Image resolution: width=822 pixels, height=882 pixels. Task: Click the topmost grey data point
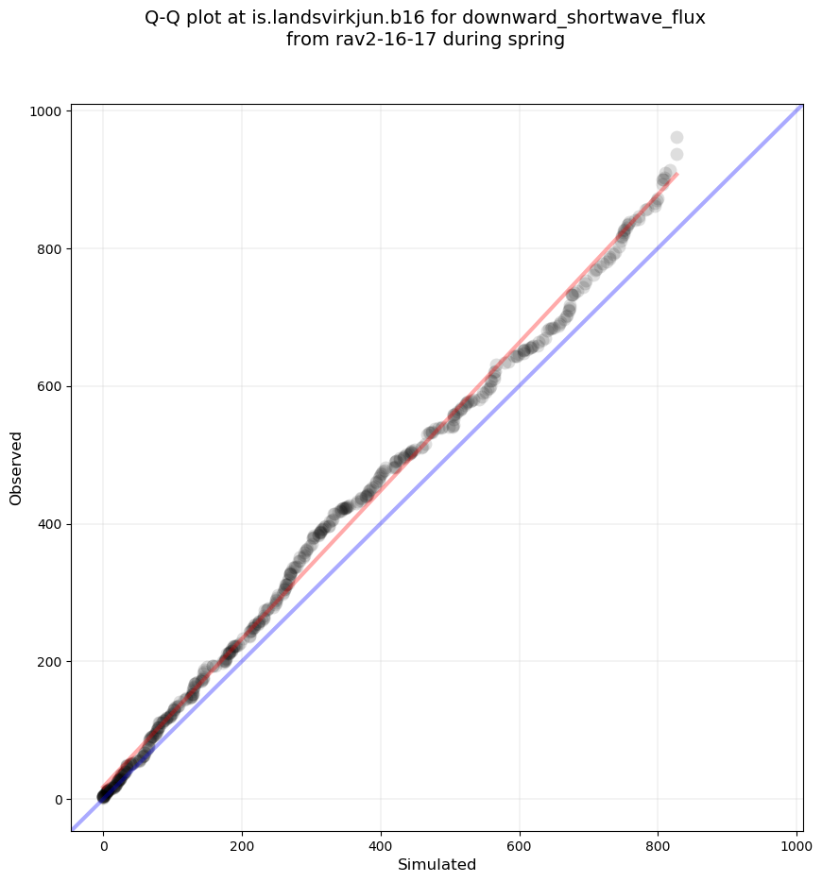(x=676, y=138)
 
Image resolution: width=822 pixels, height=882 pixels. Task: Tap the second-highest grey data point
(x=676, y=155)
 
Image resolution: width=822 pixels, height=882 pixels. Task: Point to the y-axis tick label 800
(x=51, y=249)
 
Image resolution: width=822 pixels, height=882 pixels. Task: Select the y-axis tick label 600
(x=51, y=386)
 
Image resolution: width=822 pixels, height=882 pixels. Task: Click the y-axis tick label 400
(x=51, y=524)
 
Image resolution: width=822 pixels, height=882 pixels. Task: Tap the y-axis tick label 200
(x=51, y=662)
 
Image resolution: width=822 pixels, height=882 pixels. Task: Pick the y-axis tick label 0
(x=59, y=799)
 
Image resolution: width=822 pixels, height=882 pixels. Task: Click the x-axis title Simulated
(x=437, y=865)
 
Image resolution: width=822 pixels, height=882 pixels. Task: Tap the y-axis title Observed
(x=16, y=467)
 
